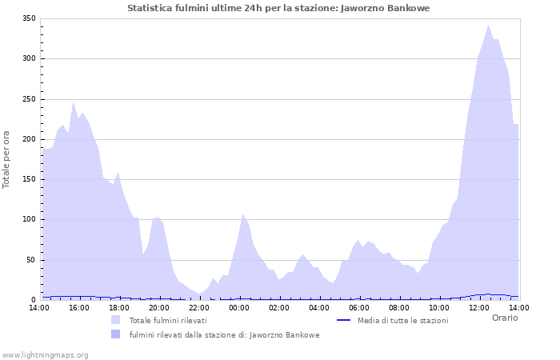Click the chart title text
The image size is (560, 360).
[x=278, y=8]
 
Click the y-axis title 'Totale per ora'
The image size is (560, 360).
[x=7, y=159]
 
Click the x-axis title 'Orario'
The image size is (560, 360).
[x=504, y=318]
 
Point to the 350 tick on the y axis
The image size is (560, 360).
[x=28, y=18]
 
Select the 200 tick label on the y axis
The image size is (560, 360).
[x=28, y=139]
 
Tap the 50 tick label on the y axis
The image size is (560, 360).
[x=30, y=260]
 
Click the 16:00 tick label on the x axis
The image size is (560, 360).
[x=79, y=308]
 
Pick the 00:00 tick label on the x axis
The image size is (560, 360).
[x=239, y=308]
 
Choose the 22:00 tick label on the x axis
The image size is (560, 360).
[x=199, y=308]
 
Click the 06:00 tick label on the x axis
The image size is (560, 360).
[x=359, y=308]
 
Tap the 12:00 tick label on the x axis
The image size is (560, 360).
[x=479, y=308]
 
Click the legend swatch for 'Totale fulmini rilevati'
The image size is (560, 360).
[x=116, y=320]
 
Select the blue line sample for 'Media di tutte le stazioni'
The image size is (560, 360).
[x=344, y=320]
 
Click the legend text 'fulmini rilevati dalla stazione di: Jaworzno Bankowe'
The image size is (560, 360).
[x=225, y=335]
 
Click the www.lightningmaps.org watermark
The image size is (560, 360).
[x=46, y=354]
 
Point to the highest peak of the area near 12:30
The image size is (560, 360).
[x=489, y=25]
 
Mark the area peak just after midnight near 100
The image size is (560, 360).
[x=243, y=214]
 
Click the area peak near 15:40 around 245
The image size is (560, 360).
[x=73, y=102]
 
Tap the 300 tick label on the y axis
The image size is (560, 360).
[x=28, y=58]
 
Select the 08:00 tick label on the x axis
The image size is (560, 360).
[x=399, y=308]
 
